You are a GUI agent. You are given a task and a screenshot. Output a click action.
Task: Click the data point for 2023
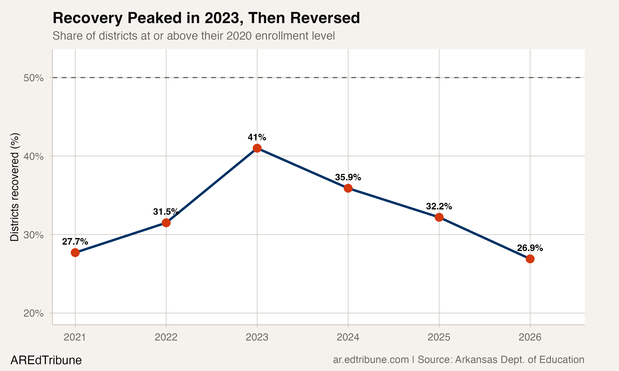click(x=257, y=148)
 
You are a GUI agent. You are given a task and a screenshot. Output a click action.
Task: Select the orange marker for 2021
click(x=75, y=252)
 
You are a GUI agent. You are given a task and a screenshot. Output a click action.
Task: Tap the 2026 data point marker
click(x=530, y=259)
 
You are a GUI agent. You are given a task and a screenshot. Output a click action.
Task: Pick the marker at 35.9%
click(x=348, y=188)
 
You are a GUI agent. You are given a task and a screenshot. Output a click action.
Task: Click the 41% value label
click(x=257, y=137)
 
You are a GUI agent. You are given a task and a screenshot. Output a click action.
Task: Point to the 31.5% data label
click(x=166, y=212)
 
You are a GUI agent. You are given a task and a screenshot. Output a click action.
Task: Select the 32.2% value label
click(x=439, y=206)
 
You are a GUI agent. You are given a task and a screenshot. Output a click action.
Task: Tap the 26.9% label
click(x=530, y=248)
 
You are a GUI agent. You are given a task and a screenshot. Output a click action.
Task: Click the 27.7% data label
click(x=75, y=242)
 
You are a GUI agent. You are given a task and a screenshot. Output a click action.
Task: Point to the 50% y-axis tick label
click(x=33, y=78)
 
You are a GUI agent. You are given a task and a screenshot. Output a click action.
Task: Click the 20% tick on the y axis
click(x=33, y=313)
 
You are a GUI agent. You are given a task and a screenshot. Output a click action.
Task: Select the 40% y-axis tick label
click(x=33, y=156)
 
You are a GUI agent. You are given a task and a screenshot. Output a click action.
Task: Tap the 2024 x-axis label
click(x=348, y=337)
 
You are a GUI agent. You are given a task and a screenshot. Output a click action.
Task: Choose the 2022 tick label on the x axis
click(x=166, y=337)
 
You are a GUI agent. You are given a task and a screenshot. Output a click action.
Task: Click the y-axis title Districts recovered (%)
click(x=14, y=187)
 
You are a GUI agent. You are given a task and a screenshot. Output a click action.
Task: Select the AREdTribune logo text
click(x=46, y=360)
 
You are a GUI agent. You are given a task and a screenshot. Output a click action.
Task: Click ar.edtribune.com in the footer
click(x=371, y=360)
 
